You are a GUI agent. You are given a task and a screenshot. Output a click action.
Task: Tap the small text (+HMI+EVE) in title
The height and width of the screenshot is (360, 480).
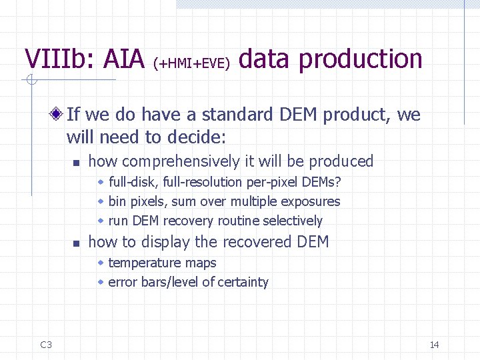[x=192, y=63]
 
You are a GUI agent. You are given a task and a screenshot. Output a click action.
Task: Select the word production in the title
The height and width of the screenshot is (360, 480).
[x=361, y=59]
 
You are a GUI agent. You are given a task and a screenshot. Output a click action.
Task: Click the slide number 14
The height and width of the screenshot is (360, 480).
[x=434, y=345]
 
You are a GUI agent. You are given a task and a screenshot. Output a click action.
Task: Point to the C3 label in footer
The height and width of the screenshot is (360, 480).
[x=46, y=345]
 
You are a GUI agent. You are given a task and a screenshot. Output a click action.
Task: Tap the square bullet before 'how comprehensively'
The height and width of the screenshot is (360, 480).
[x=77, y=162]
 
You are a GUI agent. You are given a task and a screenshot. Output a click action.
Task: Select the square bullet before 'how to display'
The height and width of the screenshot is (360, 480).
[x=77, y=243]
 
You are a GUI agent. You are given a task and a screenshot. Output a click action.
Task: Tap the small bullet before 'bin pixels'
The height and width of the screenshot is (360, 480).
[x=101, y=201]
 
